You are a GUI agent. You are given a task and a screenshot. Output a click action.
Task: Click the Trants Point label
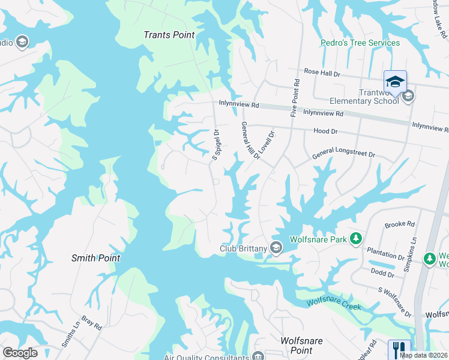(169, 35)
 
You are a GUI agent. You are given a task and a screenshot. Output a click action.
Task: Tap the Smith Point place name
(95, 258)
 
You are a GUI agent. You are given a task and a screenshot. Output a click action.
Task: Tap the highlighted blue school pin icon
(395, 82)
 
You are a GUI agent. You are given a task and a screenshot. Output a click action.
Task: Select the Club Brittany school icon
(276, 247)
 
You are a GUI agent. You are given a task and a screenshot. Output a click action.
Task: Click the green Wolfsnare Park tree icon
(356, 239)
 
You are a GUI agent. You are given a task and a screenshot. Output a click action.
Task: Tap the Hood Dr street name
(326, 131)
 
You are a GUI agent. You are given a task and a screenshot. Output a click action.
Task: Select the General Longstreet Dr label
(343, 155)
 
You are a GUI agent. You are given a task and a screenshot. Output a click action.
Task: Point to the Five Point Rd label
(295, 97)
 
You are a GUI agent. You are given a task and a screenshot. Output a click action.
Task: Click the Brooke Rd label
(400, 224)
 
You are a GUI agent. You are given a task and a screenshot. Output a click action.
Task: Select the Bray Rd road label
(92, 323)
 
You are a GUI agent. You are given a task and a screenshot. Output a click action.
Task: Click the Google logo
(20, 353)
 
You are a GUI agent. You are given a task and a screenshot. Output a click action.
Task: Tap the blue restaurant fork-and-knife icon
(399, 349)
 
